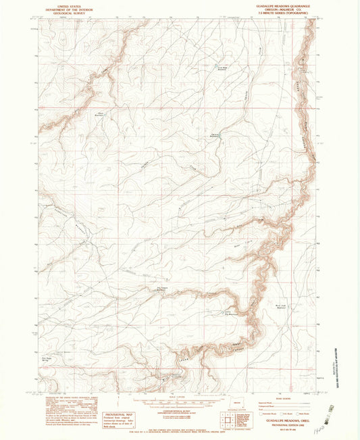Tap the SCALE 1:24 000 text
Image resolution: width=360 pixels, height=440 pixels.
(x=179, y=396)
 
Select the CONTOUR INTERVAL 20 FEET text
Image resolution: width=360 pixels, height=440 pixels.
(x=179, y=410)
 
